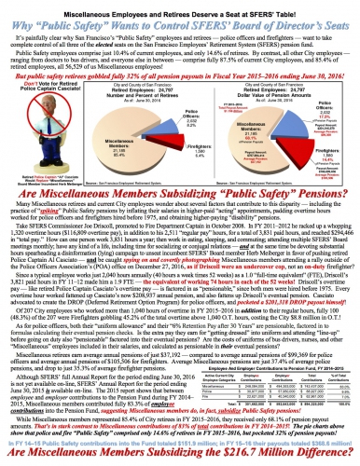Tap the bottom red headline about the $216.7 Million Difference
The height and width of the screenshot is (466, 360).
pos(179,456)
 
